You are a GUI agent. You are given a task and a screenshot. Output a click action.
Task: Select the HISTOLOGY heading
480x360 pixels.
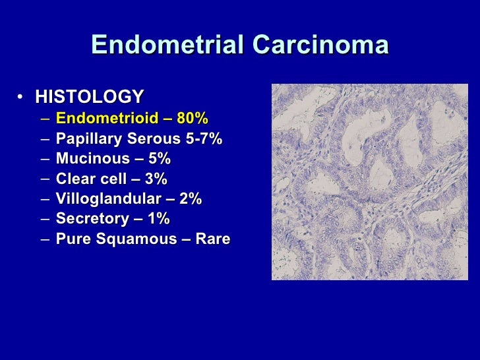click(89, 97)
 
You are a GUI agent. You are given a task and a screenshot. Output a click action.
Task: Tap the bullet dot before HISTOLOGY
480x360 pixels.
click(22, 98)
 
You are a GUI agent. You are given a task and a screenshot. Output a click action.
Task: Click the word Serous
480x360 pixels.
click(145, 139)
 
